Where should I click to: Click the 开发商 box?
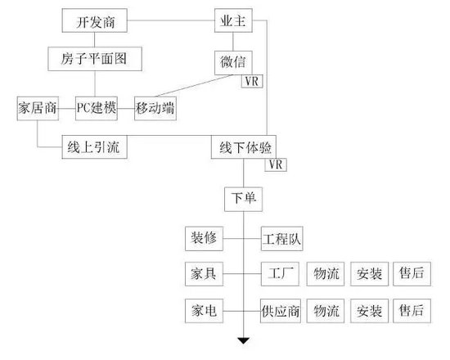[x=95, y=20]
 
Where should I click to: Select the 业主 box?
[x=233, y=20]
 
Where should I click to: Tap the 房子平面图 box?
[x=95, y=59]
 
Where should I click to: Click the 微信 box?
[x=233, y=63]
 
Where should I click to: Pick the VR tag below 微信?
[x=252, y=81]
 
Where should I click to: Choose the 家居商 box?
[x=38, y=109]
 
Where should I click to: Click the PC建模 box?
[x=97, y=109]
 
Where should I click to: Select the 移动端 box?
[x=155, y=109]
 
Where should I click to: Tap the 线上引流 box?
[x=95, y=147]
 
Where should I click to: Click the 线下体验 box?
[x=244, y=147]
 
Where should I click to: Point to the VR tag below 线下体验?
[x=276, y=164]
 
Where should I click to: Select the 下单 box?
[x=243, y=200]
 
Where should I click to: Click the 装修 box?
[x=204, y=239]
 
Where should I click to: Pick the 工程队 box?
[x=281, y=239]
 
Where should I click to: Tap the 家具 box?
[x=204, y=274]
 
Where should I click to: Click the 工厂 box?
[x=280, y=274]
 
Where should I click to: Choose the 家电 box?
[x=204, y=311]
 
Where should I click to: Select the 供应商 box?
[x=281, y=311]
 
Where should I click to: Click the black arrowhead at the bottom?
[x=243, y=340]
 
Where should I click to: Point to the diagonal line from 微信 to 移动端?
[x=194, y=86]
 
